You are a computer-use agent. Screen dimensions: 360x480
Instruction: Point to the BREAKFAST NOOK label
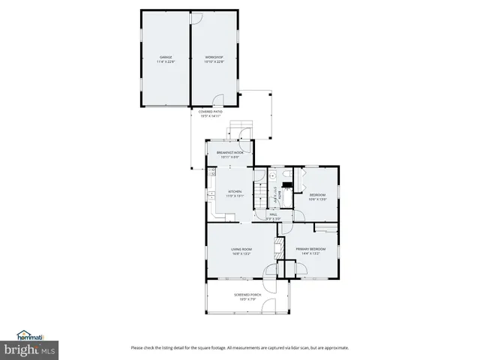click(230, 153)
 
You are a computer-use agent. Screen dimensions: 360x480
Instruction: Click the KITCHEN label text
click(235, 191)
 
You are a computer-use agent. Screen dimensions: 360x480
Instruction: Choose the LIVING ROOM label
click(241, 249)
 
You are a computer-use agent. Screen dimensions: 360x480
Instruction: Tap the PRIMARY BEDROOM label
click(310, 249)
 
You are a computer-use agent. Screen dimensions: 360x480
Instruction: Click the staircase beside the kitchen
click(259, 199)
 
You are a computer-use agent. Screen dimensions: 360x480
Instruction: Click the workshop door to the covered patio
click(218, 100)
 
